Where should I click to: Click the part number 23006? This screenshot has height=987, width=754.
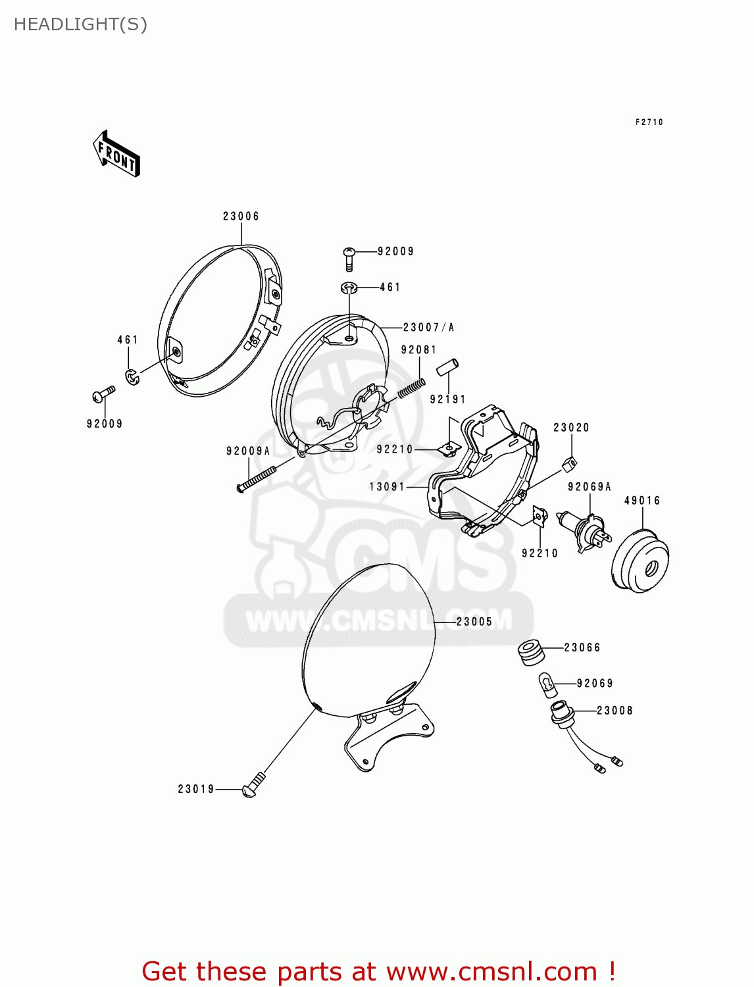click(x=241, y=216)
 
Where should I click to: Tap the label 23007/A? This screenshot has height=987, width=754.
click(x=428, y=327)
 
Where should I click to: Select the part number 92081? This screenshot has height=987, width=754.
click(x=419, y=350)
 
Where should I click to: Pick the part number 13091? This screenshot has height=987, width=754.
click(x=387, y=487)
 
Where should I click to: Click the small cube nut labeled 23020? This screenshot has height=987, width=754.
click(x=569, y=463)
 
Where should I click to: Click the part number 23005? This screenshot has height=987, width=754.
click(x=474, y=621)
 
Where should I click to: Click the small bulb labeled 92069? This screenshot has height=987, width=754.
click(x=547, y=686)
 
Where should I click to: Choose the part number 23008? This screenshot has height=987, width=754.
click(x=615, y=711)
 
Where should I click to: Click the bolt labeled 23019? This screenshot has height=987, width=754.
click(x=253, y=786)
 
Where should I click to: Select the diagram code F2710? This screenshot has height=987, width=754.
click(x=649, y=122)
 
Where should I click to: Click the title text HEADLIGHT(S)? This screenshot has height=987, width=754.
click(x=80, y=24)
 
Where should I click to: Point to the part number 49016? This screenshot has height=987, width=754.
click(x=642, y=501)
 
